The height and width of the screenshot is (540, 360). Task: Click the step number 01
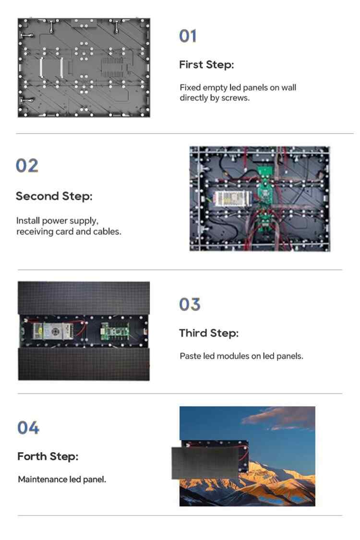coord(188,36)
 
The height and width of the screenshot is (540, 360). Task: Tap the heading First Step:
coord(206,64)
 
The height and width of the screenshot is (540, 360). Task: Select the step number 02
coord(27,166)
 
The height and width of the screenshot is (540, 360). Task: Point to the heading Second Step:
coord(54,196)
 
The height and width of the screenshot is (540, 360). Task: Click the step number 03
coord(190,304)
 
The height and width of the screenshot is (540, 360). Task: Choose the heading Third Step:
coord(209,333)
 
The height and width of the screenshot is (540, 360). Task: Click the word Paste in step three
coord(190,356)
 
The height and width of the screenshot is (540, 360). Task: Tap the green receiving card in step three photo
coord(115,331)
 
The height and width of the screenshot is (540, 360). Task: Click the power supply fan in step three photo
coord(55,332)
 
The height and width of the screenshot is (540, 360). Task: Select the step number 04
coord(28,427)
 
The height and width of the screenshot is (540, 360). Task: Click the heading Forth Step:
coord(48,456)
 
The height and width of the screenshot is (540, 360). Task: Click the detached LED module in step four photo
coord(205,463)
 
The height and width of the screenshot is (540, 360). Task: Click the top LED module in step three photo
coord(84,298)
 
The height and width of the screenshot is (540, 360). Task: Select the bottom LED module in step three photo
coord(84,364)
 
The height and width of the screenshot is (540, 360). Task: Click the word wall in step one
coord(288,87)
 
